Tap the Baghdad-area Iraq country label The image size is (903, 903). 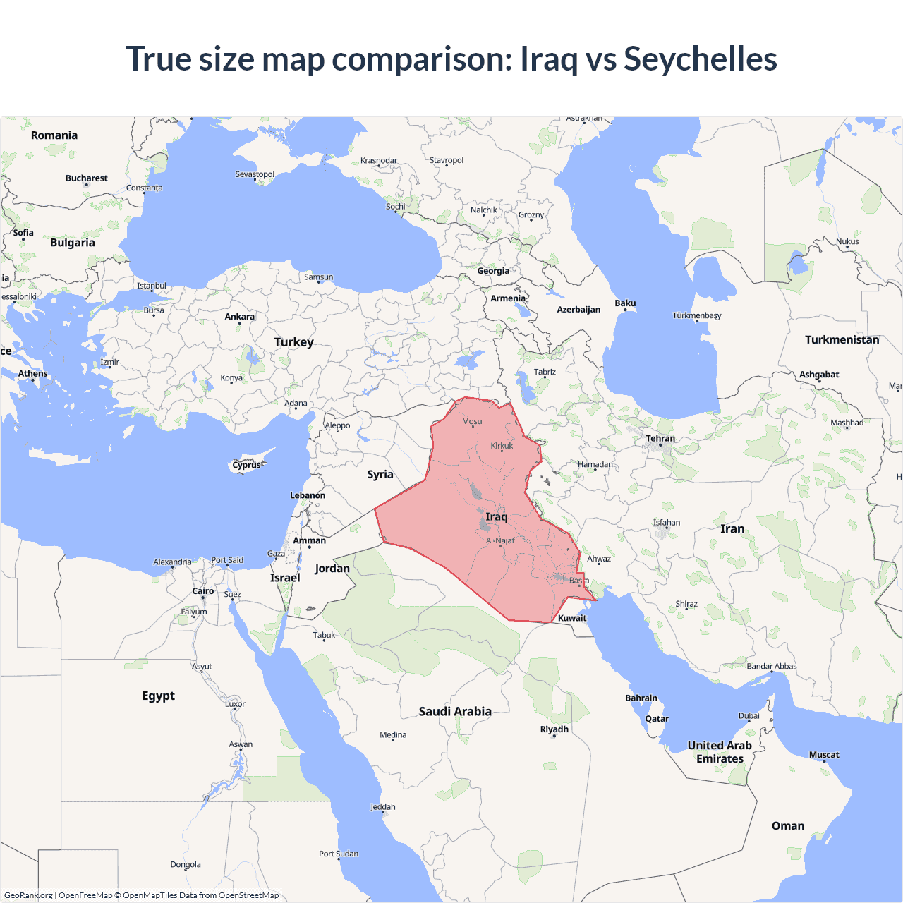(x=496, y=517)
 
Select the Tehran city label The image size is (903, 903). (x=660, y=438)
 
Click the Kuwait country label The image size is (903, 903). (x=572, y=618)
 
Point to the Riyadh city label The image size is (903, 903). (x=554, y=729)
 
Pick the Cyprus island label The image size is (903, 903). (x=247, y=465)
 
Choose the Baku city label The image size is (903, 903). (x=625, y=303)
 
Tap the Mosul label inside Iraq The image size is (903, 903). (x=473, y=421)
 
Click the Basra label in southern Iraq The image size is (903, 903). (x=579, y=581)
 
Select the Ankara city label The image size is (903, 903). (x=240, y=317)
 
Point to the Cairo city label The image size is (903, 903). (x=203, y=591)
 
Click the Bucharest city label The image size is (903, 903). (x=87, y=178)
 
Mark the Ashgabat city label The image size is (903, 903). (x=819, y=375)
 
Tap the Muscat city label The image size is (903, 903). (x=824, y=755)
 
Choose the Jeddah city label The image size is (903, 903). (x=383, y=807)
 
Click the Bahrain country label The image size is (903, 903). (x=641, y=698)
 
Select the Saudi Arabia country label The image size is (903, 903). (x=455, y=712)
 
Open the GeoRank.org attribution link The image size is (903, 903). (x=28, y=895)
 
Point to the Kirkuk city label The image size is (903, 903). (x=502, y=446)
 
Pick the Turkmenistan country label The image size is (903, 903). (x=842, y=340)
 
